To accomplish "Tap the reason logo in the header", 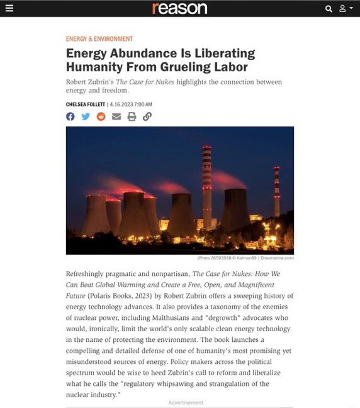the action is pos(179,8).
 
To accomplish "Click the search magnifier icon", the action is pos(329,9).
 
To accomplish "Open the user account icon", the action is pos(343,9).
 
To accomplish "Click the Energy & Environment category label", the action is pos(99,39).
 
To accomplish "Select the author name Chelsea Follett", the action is pos(85,104).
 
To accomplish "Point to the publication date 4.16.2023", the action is pos(132,104).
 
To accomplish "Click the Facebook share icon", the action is pos(70,116).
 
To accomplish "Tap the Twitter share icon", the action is pos(86,116).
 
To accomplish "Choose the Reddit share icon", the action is pos(101,116).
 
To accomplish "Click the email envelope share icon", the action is pos(116,116).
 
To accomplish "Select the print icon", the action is pos(132,116).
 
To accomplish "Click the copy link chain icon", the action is pos(147,116).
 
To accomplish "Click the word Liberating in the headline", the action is pos(223,53).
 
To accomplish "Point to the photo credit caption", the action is pos(254,258).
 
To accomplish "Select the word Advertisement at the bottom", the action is pos(186,402).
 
